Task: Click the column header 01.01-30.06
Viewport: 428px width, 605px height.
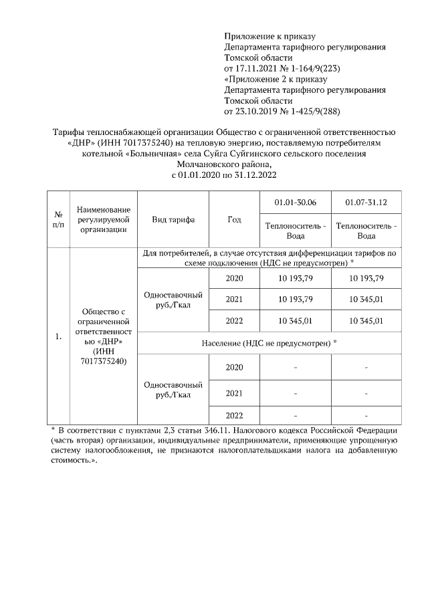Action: coord(295,202)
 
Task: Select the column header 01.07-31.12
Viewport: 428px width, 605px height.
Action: coord(366,202)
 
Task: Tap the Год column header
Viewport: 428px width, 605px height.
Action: coord(233,220)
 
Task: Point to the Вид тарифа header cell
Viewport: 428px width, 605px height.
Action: coord(173,220)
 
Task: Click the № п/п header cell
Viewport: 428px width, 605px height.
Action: coord(58,220)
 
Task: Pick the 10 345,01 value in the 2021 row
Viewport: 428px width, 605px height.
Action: coord(366,299)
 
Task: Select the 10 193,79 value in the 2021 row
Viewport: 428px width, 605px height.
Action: coord(295,299)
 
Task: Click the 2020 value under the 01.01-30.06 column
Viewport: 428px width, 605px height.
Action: coord(295,277)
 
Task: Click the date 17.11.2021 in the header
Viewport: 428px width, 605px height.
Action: coord(257,68)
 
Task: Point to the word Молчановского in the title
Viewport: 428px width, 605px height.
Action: coord(205,164)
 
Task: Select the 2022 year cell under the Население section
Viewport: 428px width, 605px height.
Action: coord(233,414)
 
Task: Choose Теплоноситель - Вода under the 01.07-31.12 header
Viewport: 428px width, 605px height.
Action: coord(366,231)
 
